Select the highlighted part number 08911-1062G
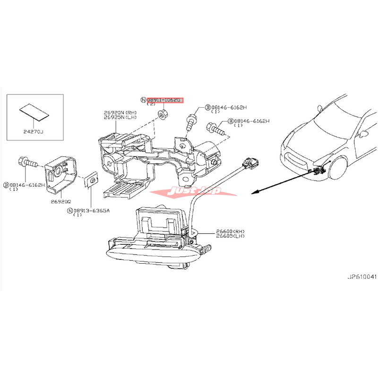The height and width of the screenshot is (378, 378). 164,100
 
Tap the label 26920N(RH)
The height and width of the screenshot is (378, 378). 120,112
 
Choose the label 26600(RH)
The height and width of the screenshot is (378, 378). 231,231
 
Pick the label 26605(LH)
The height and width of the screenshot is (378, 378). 231,236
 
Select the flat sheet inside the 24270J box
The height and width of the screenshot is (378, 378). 34,112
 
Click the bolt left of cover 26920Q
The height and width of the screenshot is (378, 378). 28,163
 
